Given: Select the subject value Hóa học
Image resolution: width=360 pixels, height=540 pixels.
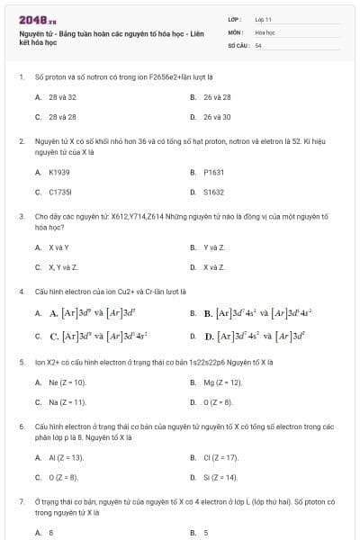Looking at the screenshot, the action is coord(265,31).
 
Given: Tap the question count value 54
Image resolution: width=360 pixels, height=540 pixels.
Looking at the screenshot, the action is coord(258,44).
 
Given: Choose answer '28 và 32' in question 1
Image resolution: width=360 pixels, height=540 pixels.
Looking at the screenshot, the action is coord(62,96).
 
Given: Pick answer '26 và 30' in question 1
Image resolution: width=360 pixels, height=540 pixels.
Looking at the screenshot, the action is coord(217,116).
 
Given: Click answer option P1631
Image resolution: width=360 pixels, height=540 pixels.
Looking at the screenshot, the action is coord(213,172).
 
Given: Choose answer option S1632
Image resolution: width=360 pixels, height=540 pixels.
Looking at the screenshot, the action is coord(213,192).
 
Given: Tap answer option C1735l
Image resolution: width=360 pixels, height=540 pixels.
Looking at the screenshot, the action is coord(59,192).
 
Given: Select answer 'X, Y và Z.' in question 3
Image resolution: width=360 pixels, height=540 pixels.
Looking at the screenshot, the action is coord(63,267).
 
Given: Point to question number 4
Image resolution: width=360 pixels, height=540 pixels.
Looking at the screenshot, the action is coord(21,292).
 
